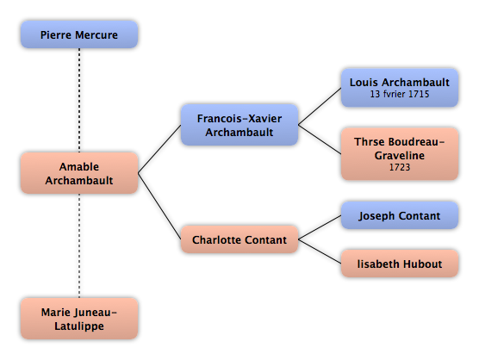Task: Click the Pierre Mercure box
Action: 79,34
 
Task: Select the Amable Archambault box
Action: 79,173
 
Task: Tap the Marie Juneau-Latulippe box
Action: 79,319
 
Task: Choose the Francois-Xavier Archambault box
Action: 239,125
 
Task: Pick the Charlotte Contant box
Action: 239,239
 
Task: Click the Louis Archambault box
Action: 400,88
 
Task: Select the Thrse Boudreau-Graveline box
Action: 400,154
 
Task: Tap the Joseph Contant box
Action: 400,215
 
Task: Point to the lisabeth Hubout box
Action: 400,264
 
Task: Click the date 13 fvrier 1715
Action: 400,94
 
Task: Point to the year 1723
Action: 400,167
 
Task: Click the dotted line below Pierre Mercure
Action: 79,100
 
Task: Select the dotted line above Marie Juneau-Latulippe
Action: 79,245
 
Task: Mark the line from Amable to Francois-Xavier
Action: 159,149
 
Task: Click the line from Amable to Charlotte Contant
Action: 159,207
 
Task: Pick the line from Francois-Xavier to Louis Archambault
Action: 320,106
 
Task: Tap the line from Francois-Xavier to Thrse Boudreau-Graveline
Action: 320,140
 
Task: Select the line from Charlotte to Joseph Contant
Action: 320,227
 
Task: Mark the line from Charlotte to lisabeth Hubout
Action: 320,251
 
